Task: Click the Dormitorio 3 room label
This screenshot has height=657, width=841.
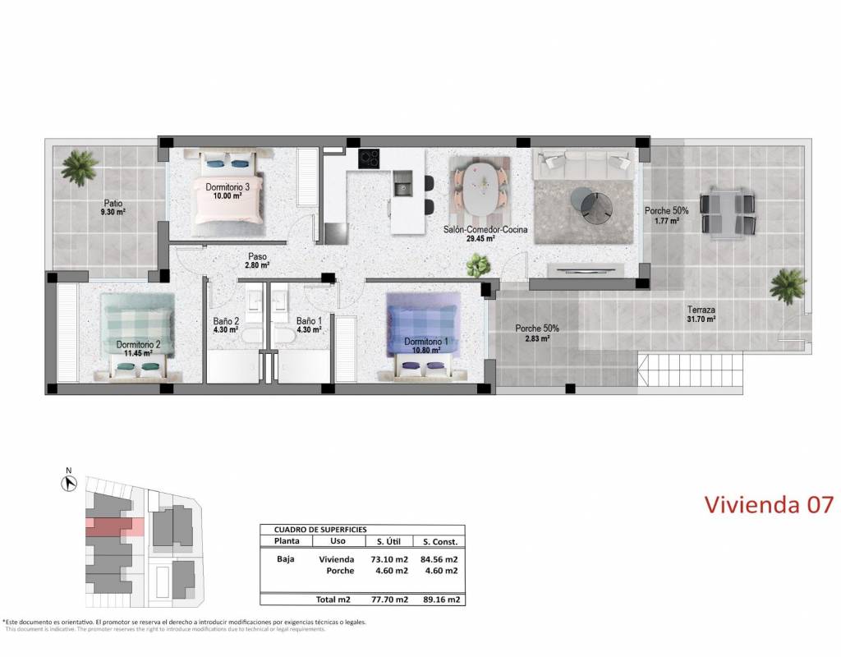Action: pyautogui.click(x=227, y=187)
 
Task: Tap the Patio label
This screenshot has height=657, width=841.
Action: pyautogui.click(x=113, y=204)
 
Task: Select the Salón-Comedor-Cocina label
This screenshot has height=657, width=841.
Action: pyautogui.click(x=485, y=229)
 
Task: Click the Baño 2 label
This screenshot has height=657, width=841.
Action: pyautogui.click(x=226, y=321)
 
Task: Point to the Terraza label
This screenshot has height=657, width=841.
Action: pyautogui.click(x=701, y=310)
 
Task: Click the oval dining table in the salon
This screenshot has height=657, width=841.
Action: pyautogui.click(x=480, y=189)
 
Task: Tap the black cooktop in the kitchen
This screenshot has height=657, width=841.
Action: pyautogui.click(x=369, y=158)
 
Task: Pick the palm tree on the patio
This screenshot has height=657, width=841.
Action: pyautogui.click(x=80, y=167)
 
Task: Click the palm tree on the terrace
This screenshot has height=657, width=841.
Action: pyautogui.click(x=788, y=287)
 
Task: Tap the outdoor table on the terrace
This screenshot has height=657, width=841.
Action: pyautogui.click(x=728, y=213)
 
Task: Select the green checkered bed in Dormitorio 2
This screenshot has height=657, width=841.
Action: pyautogui.click(x=138, y=337)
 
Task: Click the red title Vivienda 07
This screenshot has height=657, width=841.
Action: pyautogui.click(x=769, y=505)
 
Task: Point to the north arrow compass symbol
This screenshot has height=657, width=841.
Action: pyautogui.click(x=69, y=483)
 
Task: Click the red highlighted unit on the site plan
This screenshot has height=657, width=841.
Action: pyautogui.click(x=114, y=527)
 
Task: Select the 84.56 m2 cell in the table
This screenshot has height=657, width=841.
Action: pyautogui.click(x=439, y=559)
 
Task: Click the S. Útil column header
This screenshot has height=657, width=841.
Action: pyautogui.click(x=388, y=542)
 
